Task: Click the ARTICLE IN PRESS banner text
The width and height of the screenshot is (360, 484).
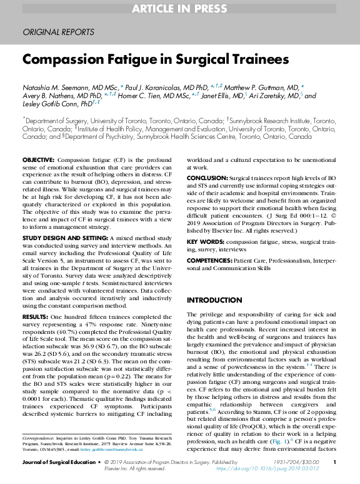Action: (x=179, y=9)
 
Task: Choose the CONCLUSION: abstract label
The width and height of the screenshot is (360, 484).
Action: (x=209, y=178)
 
